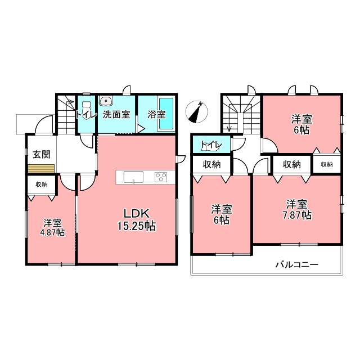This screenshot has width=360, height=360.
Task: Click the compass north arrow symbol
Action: (x=196, y=112)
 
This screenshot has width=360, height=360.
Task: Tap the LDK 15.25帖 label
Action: (x=137, y=220)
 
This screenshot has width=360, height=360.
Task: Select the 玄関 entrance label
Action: (x=41, y=154)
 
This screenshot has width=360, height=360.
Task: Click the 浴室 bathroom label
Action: (x=156, y=114)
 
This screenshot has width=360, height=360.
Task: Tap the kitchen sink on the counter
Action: (x=133, y=177)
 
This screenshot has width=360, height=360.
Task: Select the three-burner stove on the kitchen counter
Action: (x=161, y=177)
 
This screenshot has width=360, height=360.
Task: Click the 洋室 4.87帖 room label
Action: (x=52, y=227)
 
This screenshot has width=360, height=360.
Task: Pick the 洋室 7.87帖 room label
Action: (x=296, y=209)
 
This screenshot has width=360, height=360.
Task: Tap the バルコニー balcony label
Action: (x=296, y=264)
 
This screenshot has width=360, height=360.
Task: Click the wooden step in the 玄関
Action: (x=41, y=168)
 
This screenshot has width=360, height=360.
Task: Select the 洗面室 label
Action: (x=116, y=114)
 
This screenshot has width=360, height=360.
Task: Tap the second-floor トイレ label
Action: (x=211, y=145)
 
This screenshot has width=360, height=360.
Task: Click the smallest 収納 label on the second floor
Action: (x=327, y=164)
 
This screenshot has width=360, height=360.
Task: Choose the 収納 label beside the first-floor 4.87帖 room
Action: (x=41, y=184)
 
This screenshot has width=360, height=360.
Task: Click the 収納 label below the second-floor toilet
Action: (x=211, y=164)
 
